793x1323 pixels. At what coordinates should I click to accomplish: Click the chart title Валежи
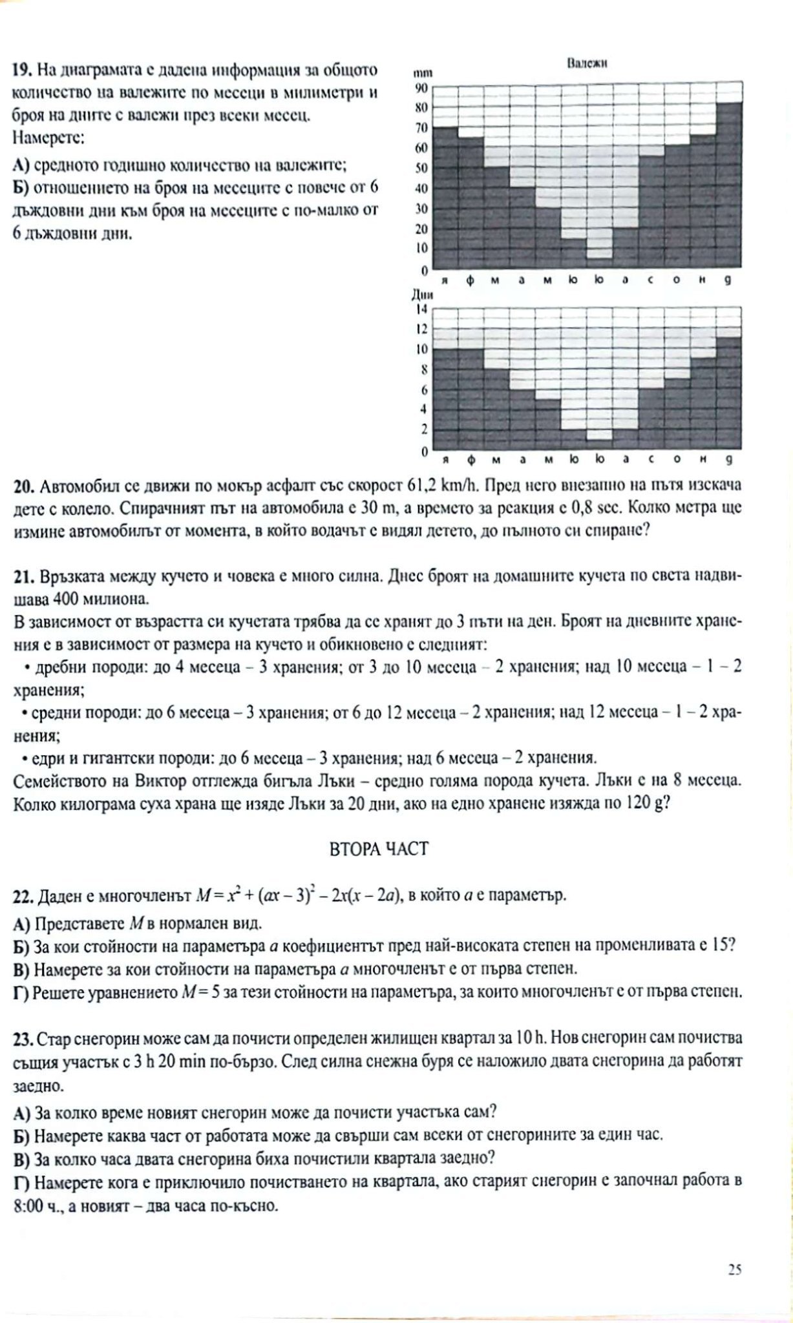click(586, 63)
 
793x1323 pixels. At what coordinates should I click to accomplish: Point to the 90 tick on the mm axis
click(421, 88)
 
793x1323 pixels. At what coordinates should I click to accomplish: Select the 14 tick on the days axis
click(421, 309)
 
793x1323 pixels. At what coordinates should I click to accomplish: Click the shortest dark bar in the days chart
click(599, 444)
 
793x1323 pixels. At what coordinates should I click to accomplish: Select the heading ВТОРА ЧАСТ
click(378, 848)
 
